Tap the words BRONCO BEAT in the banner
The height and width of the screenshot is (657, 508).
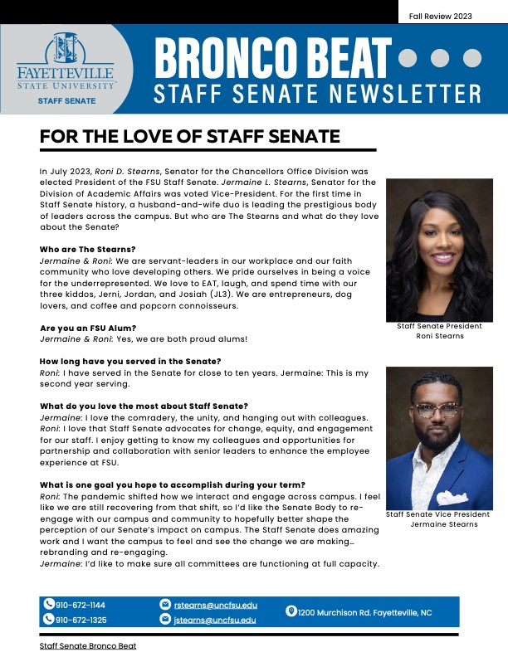point(272,58)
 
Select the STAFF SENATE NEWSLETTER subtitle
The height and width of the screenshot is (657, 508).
point(317,93)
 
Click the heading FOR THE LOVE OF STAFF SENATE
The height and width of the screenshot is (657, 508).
point(190,136)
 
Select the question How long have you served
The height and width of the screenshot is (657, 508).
point(130,360)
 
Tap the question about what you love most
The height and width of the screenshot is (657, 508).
point(144,406)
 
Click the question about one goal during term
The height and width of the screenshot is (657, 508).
point(172,484)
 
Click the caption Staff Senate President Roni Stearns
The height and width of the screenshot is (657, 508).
point(439,331)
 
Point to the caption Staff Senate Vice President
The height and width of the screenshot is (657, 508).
point(437,514)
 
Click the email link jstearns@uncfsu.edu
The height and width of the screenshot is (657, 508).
point(214,620)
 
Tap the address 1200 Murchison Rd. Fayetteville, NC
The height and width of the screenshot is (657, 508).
point(364,612)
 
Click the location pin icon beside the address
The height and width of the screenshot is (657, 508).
point(291,611)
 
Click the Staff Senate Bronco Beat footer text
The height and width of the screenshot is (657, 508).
point(88,645)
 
